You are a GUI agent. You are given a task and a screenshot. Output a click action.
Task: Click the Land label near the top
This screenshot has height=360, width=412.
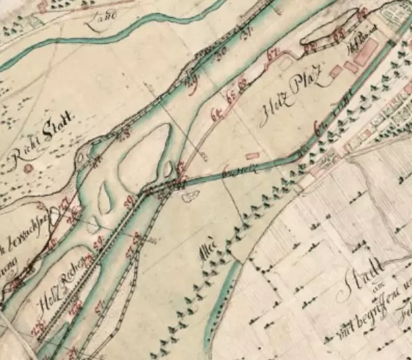[102, 19]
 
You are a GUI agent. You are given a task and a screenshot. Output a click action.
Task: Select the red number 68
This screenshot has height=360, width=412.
[311, 46]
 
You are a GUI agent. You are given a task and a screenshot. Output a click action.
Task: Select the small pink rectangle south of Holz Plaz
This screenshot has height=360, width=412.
[253, 156]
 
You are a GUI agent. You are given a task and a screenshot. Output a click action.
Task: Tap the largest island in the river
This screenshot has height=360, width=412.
[143, 154]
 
